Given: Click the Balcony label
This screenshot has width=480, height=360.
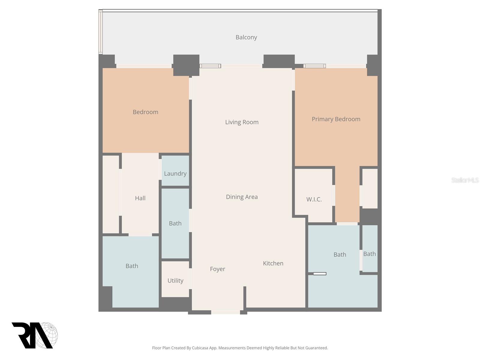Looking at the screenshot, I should [246, 37].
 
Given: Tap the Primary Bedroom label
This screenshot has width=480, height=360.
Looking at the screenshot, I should [336, 119].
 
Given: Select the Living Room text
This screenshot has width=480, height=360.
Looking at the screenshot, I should [242, 122].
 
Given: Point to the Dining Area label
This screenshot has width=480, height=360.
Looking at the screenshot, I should [241, 197].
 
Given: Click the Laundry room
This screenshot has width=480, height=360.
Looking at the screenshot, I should [175, 173].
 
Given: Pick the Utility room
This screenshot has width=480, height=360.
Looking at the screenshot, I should [175, 280].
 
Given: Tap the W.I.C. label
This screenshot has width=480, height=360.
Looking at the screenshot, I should [314, 199].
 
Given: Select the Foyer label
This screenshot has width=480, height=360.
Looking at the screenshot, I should [217, 269].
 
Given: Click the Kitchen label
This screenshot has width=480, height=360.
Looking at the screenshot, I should [273, 263].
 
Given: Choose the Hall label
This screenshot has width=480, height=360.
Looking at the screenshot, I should [140, 198].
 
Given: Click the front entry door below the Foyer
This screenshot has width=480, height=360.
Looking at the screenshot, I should [226, 312].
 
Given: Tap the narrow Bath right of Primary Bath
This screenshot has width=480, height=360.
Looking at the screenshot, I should [369, 254].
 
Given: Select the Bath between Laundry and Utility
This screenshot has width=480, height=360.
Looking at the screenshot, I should [175, 223].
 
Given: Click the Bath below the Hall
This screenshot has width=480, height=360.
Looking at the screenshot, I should [132, 266].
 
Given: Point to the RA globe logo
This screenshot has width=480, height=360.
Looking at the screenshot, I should [34, 335].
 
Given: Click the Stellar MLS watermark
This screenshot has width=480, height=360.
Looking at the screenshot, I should [465, 180].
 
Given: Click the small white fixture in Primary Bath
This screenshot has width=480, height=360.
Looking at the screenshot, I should [319, 274].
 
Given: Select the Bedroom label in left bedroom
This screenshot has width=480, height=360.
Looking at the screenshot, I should [145, 112].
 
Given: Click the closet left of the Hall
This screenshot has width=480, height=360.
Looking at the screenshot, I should [111, 194].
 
